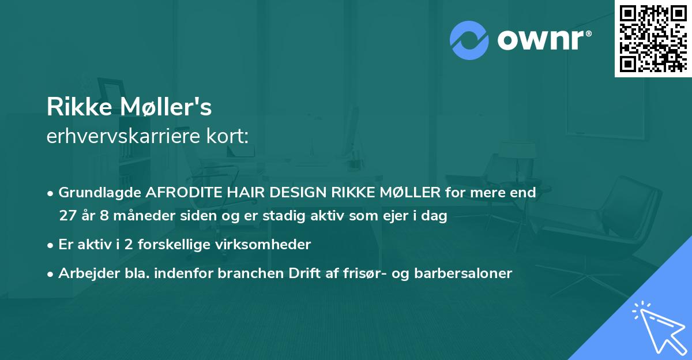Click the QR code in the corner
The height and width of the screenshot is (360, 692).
click(653, 39)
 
